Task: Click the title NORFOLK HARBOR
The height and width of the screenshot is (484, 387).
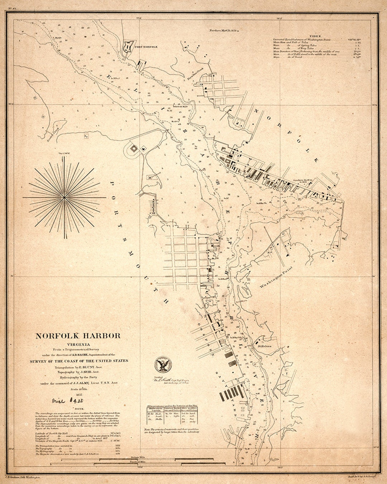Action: (x=78, y=336)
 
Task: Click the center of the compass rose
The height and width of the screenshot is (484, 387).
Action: (x=64, y=197)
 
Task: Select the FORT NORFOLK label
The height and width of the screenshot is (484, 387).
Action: (x=146, y=47)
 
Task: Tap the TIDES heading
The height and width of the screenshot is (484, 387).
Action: (x=314, y=36)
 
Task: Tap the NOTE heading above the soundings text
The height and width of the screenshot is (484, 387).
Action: (x=78, y=408)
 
